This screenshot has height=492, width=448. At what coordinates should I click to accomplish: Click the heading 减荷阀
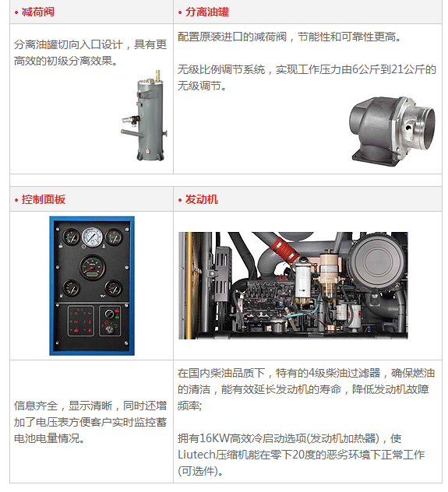click(x=38, y=12)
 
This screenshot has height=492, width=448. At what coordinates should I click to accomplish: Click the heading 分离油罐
click(x=207, y=12)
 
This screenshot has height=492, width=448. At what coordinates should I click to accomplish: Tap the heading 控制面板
click(x=44, y=199)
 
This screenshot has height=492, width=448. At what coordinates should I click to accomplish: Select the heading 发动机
click(x=202, y=199)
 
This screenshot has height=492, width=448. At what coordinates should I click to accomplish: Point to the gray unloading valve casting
click(x=393, y=131)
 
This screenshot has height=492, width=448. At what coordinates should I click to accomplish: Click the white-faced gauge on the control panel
click(x=92, y=237)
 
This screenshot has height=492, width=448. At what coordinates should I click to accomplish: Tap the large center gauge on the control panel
click(x=92, y=267)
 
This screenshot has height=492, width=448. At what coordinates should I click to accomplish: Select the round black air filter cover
click(x=376, y=261)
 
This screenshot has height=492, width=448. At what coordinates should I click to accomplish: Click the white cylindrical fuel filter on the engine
click(x=303, y=280)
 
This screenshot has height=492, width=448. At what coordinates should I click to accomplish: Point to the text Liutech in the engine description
click(x=197, y=455)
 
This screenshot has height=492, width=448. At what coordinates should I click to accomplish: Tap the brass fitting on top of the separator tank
click(x=158, y=76)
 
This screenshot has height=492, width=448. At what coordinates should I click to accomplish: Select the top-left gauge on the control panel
click(x=71, y=237)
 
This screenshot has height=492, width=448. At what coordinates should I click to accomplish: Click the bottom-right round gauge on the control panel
click(x=113, y=288)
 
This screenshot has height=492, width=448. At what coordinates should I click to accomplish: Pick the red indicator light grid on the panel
click(x=81, y=321)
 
